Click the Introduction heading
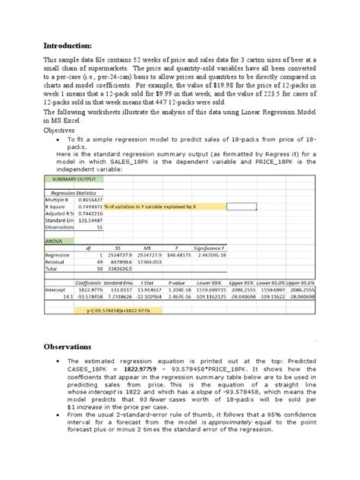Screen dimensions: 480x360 click(71, 45)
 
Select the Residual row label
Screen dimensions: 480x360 click(58, 262)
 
